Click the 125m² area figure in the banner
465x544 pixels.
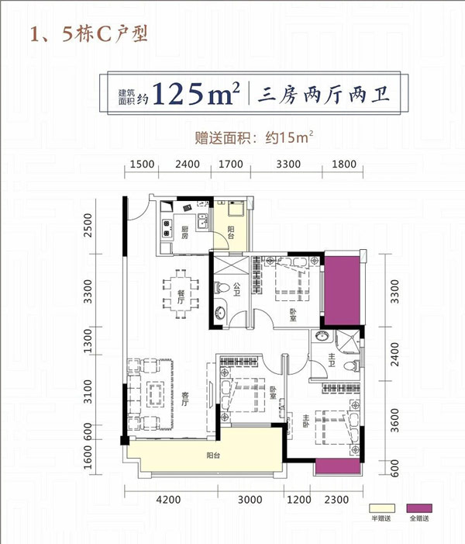[196, 93]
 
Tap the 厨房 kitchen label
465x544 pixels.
[184, 232]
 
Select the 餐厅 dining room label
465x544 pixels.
[181, 297]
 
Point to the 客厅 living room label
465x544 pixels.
[185, 399]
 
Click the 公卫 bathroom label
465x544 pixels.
[236, 289]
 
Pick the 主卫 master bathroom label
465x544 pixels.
[332, 360]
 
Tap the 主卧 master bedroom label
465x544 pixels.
[305, 421]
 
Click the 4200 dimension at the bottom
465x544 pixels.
[168, 500]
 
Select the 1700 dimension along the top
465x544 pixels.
[231, 164]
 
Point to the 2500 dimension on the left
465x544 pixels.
[88, 225]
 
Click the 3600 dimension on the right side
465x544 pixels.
[394, 421]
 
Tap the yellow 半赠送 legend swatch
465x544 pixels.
[381, 508]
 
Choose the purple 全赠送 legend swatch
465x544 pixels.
[419, 508]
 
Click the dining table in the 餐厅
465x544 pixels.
[181, 294]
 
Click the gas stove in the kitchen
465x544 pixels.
[167, 228]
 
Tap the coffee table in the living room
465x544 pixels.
[156, 393]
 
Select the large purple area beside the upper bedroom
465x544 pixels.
[343, 291]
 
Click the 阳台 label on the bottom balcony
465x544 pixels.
[213, 456]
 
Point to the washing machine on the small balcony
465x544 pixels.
[236, 209]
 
